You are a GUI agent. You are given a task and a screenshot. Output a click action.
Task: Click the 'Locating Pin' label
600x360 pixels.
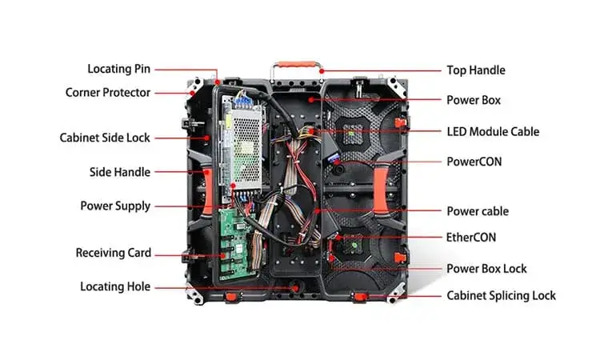pos(118,69)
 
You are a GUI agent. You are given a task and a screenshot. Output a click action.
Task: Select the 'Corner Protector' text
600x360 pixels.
pos(108,93)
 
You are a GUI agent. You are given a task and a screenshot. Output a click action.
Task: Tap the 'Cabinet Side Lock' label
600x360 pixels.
pos(105,138)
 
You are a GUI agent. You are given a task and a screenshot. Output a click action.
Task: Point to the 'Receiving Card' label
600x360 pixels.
pos(114,253)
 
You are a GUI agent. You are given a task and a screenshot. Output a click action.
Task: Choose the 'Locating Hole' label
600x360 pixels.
pos(115,286)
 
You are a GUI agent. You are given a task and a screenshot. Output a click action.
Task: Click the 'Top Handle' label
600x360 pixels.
pos(476,70)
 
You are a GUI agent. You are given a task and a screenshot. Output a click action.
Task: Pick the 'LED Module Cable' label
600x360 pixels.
pos(494,132)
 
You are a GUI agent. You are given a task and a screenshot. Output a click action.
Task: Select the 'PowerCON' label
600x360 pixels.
pos(474,162)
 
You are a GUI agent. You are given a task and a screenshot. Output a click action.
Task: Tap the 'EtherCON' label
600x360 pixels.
pos(471,238)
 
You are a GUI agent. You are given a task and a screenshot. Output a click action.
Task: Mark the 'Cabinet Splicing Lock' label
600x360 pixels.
pos(502,296)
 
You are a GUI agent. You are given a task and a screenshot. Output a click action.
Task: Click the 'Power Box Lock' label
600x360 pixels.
pos(486,269)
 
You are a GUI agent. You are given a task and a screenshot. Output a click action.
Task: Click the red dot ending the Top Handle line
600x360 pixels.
pos(322,71)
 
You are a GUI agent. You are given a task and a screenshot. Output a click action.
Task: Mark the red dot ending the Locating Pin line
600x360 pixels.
pos(217,82)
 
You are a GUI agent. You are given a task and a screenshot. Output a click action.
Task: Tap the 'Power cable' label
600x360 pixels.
pos(478,211)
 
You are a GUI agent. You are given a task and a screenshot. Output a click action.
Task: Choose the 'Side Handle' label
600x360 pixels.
pos(120,172)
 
